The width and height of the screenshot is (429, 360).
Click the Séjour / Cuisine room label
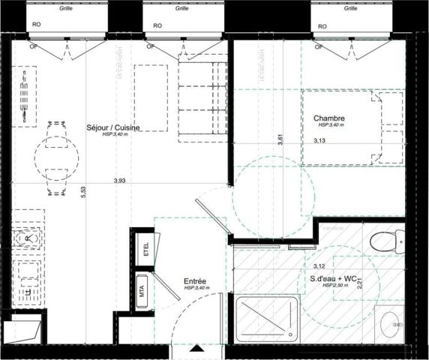112,127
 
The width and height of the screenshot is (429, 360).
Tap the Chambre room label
329,118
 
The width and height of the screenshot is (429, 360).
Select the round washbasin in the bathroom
391,324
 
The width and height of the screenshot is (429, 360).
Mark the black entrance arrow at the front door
197,349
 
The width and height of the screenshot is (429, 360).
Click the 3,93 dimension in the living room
119,180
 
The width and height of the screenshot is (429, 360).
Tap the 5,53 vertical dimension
85,192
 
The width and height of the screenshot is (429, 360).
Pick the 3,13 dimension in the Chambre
319,140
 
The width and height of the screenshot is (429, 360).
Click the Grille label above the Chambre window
350,9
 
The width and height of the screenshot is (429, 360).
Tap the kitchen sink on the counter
27,238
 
